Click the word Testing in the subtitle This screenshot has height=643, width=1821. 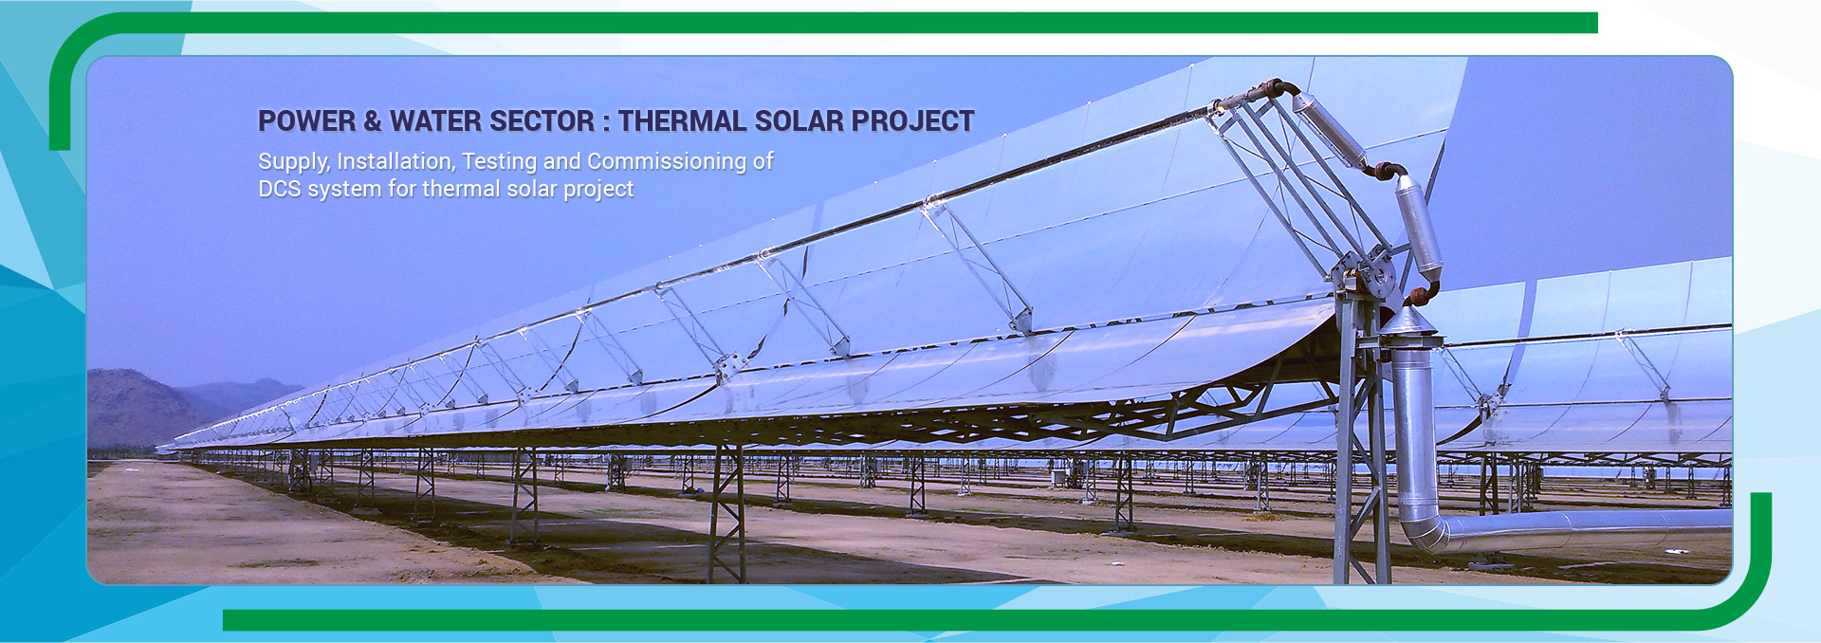click(499, 162)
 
